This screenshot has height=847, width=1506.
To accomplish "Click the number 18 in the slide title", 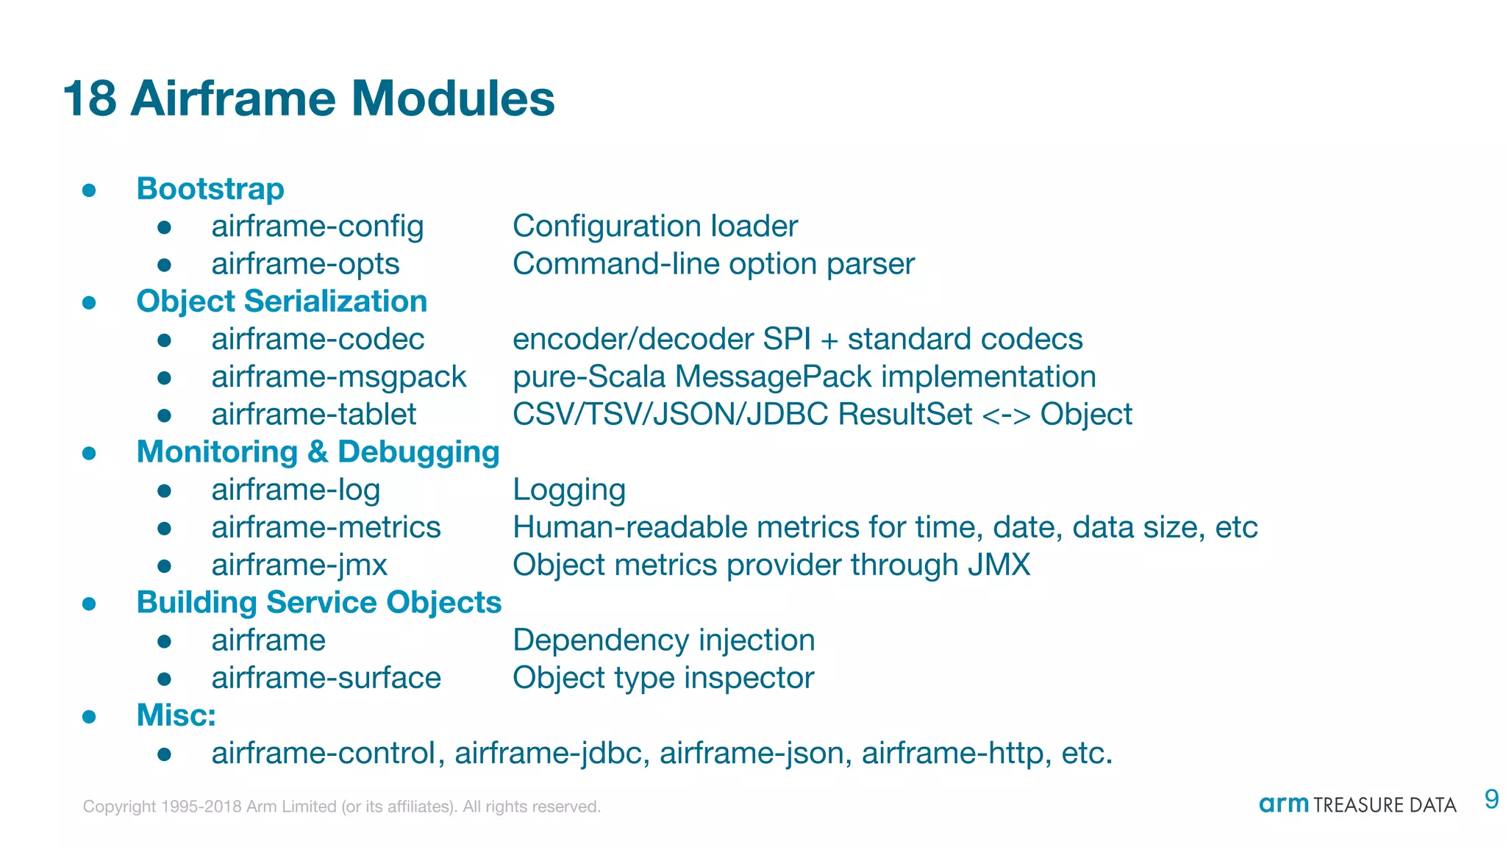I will (x=90, y=99).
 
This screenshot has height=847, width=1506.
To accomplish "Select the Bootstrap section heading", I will (x=210, y=189).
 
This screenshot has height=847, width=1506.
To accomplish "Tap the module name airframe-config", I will (x=318, y=226).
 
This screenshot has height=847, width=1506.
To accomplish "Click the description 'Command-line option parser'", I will (x=713, y=264).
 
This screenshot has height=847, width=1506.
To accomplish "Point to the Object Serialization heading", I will (x=282, y=301).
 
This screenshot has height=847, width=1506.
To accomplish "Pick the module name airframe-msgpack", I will (x=339, y=377).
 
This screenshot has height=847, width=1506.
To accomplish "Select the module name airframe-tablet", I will (x=314, y=415).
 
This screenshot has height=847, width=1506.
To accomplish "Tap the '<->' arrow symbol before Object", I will (x=1006, y=415).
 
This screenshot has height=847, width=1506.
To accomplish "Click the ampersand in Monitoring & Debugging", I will (x=318, y=452).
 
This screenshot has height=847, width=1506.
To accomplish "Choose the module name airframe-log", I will (x=296, y=490).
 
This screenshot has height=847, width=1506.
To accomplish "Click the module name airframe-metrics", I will (x=326, y=528).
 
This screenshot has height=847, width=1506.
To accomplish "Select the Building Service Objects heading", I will (x=319, y=603).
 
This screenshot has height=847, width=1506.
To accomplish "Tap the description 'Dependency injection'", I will (x=663, y=640).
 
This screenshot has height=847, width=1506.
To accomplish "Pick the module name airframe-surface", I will (x=326, y=678).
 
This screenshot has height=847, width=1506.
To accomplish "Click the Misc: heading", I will (x=176, y=715).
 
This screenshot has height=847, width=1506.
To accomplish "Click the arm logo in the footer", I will (x=1283, y=804).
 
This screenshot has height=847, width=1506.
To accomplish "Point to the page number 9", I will (x=1491, y=799).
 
